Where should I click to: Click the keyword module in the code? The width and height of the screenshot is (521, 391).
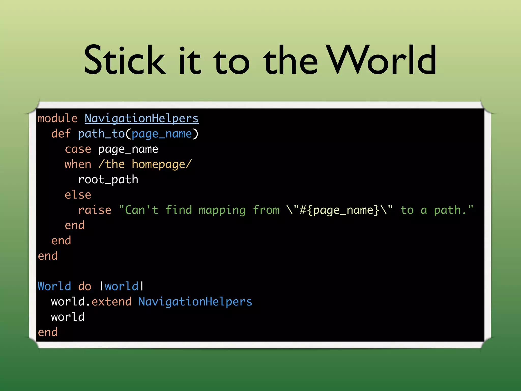(x=57, y=119)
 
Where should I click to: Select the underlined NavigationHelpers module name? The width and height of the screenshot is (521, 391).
(x=141, y=119)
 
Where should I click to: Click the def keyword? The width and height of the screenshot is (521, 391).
(x=61, y=134)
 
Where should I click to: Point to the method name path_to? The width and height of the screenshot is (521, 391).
(x=101, y=134)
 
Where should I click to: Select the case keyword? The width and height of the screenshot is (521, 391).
(x=78, y=149)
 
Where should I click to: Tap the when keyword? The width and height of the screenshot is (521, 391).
(x=78, y=164)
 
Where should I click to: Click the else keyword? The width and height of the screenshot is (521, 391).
(x=78, y=195)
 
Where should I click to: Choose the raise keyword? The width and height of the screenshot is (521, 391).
(x=95, y=210)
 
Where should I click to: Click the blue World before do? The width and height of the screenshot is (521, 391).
(x=54, y=286)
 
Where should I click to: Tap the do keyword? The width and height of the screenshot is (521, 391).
(x=84, y=286)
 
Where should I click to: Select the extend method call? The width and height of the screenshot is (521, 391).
(x=111, y=302)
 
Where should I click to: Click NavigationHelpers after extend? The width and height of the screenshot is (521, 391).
(x=195, y=302)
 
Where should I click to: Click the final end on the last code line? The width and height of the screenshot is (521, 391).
(x=48, y=332)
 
